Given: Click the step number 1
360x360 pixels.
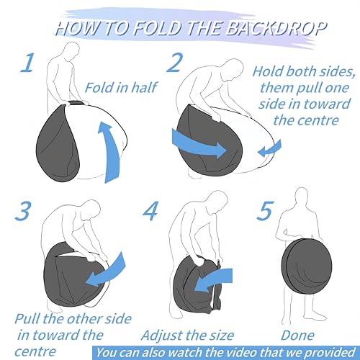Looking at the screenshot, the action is coord(27,63).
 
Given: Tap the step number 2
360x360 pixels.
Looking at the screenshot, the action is coord(174,63).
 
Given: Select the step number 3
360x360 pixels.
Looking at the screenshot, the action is coord(23,211).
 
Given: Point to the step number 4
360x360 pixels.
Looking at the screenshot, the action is coord(150,211).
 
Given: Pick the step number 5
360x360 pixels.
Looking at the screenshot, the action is coord(265,211).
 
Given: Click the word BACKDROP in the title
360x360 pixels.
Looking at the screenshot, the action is coord(276,28).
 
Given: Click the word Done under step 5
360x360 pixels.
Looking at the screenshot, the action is coord(297,336).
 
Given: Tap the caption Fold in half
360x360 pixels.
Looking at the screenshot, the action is coord(122,87).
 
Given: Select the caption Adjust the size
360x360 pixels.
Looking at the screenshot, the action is coord(188,336).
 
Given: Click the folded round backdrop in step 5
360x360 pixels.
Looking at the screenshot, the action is coord(307,266).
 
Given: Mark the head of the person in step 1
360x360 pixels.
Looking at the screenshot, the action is coord(71,50).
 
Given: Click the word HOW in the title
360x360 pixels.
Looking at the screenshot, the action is coord(77,28).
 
